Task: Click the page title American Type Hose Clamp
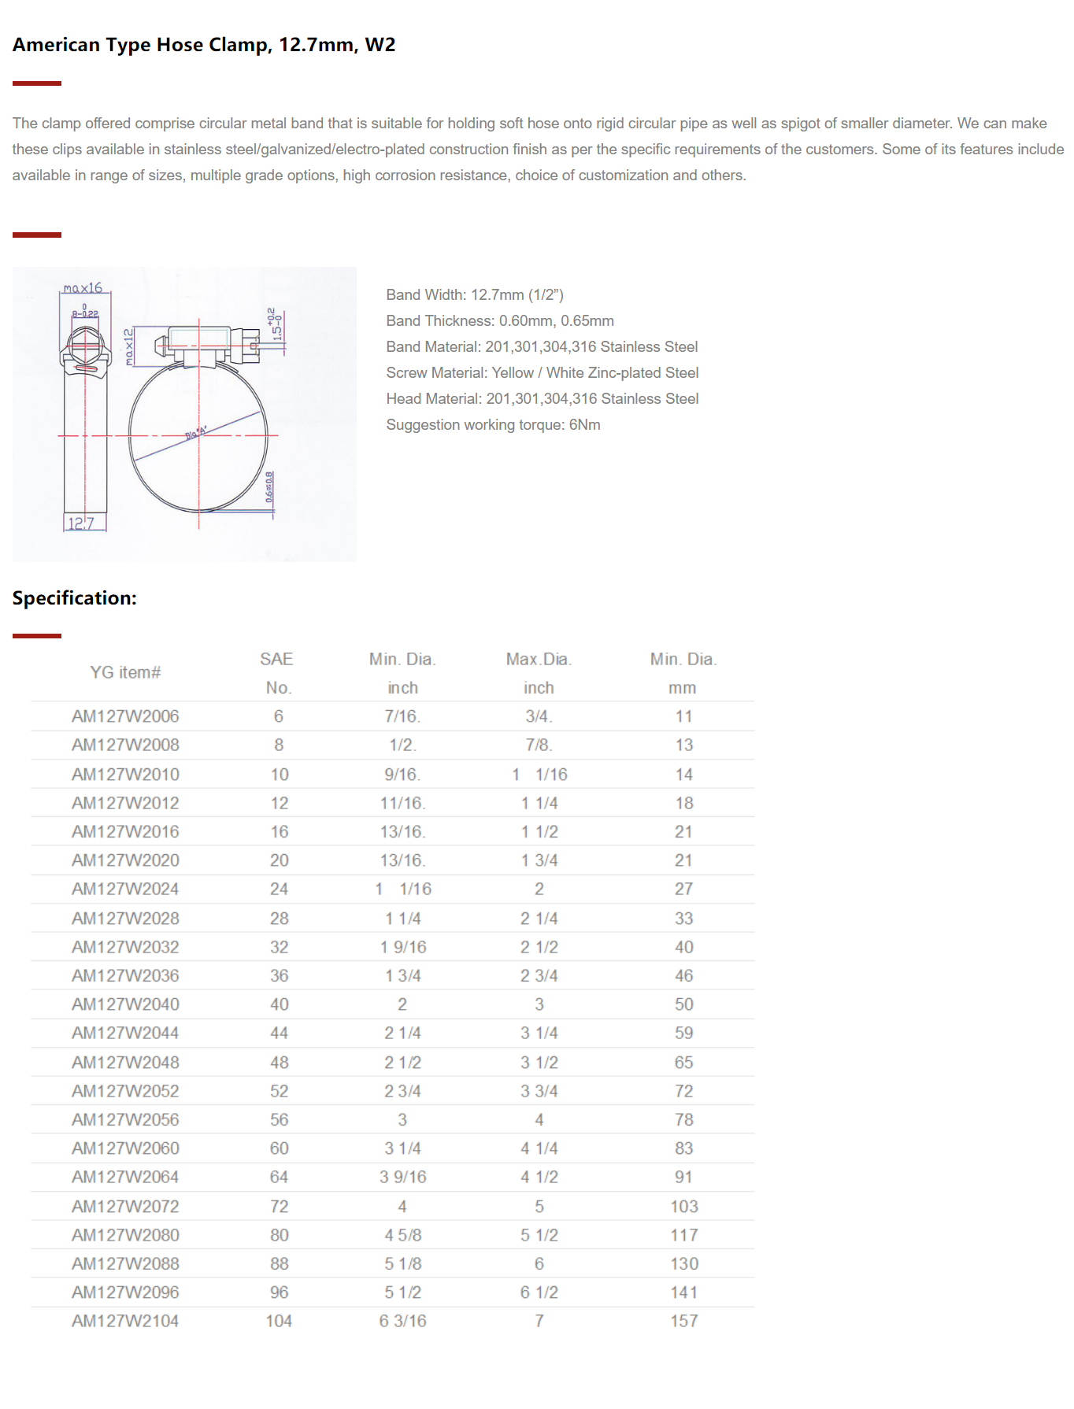(204, 45)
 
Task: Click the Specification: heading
(75, 598)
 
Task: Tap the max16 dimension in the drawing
(83, 288)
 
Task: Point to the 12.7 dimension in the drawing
(80, 523)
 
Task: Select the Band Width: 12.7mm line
(475, 295)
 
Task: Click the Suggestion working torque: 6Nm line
(493, 425)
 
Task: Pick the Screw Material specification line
(543, 373)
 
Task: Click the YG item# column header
(125, 672)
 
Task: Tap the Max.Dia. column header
(539, 660)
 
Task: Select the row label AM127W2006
(125, 716)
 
